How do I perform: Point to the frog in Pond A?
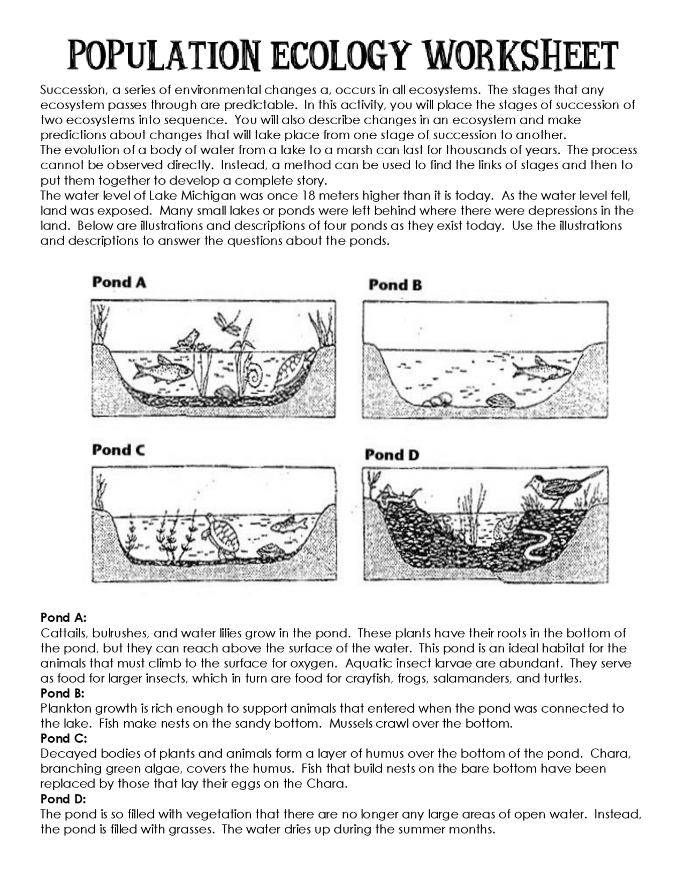click(x=185, y=340)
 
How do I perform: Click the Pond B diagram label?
click(x=395, y=285)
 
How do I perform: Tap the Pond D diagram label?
click(x=392, y=455)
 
